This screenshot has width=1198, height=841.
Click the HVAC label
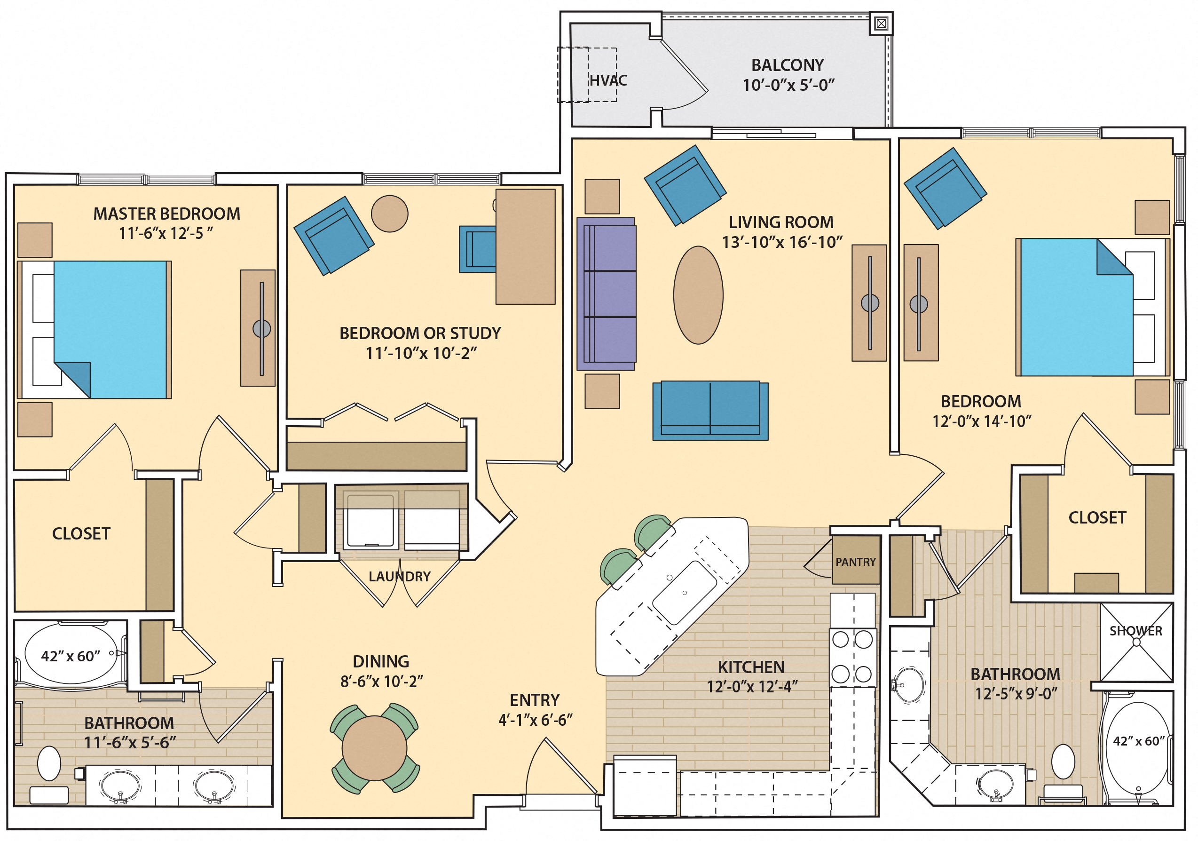(608, 80)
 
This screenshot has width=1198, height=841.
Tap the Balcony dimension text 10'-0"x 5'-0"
(788, 85)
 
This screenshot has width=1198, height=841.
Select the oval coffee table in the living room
(698, 295)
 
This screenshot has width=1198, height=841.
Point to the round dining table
(374, 748)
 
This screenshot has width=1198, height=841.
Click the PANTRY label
(855, 562)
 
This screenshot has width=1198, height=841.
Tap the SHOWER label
(1135, 631)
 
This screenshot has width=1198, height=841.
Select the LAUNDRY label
(400, 576)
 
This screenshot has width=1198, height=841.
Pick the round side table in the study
(389, 214)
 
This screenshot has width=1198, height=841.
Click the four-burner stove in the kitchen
(852, 656)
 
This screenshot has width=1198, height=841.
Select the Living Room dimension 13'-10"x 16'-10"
(781, 242)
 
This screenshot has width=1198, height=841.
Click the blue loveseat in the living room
(710, 410)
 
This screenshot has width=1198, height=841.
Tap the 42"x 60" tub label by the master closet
(71, 656)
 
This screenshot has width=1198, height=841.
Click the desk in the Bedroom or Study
(525, 246)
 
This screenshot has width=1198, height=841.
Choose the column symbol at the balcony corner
(881, 24)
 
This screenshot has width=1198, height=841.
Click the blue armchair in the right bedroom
(945, 189)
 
